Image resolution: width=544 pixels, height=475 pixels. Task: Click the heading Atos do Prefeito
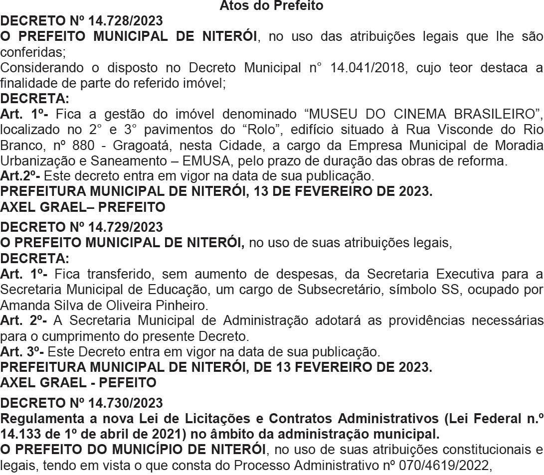point(271,6)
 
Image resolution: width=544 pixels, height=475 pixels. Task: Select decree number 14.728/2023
point(125,21)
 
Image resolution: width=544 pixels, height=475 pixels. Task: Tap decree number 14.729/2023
point(125,227)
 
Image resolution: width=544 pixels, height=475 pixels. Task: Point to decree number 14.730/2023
point(125,403)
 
